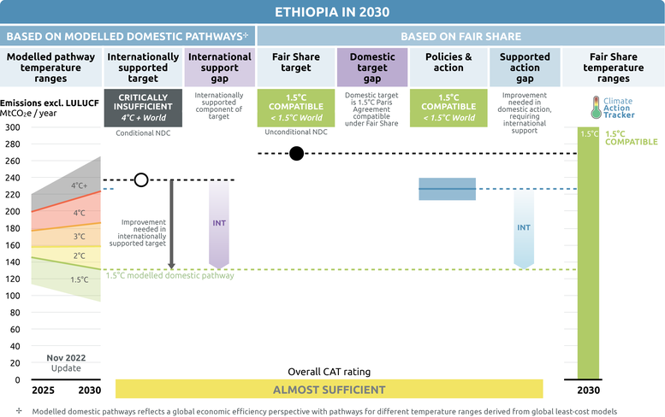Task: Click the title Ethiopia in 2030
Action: click(332, 12)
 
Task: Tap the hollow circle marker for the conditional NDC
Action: click(141, 180)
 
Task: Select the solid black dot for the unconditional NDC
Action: click(296, 153)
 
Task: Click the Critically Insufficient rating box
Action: click(143, 108)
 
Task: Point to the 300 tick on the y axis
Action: click(12, 127)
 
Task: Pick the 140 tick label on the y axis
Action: click(12, 262)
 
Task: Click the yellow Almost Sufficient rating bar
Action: click(330, 389)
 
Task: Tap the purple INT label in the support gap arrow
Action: click(219, 223)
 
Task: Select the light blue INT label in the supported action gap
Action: click(524, 228)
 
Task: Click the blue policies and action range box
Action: click(447, 189)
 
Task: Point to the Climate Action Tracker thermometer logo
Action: click(597, 107)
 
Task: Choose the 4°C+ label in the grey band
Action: click(80, 185)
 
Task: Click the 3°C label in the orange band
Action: click(80, 236)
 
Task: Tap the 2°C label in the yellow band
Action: click(80, 255)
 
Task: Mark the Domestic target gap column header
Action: click(372, 68)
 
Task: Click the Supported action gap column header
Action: click(525, 68)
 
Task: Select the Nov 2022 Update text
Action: click(66, 363)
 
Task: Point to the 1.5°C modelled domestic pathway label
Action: click(169, 276)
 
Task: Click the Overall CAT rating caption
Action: click(330, 372)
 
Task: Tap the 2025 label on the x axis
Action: click(44, 390)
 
